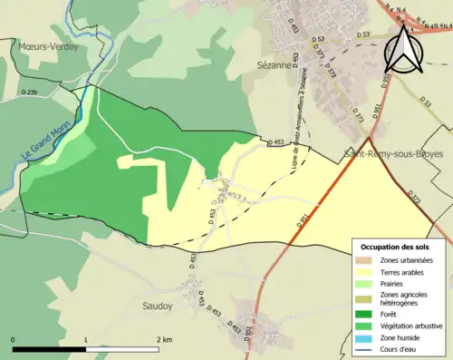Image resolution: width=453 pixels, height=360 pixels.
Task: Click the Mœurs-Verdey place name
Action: (46, 45)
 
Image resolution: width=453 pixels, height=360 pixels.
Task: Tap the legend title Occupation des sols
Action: (397, 247)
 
